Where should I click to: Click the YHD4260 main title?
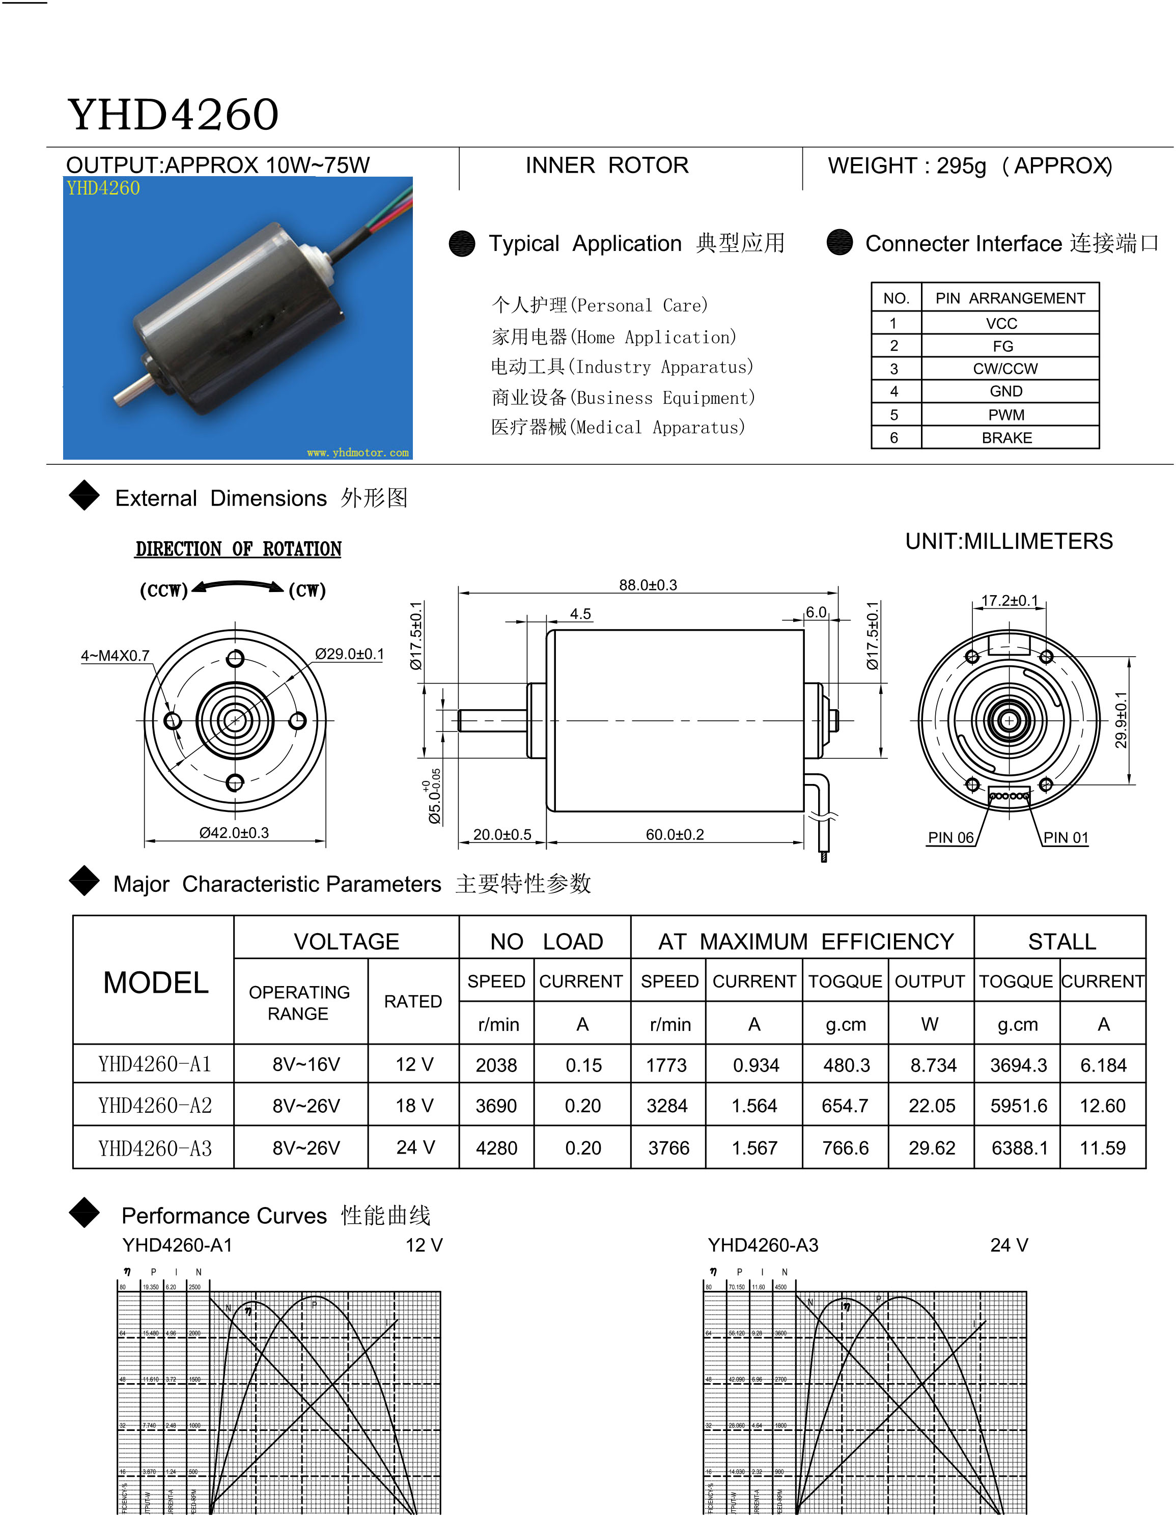point(173,115)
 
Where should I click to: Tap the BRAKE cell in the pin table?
point(1006,438)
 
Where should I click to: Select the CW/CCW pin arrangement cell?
point(1005,369)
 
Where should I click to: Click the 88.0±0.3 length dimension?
point(648,585)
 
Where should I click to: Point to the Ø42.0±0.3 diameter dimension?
point(234,833)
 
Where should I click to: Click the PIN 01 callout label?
point(1066,838)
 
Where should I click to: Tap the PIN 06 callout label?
point(950,838)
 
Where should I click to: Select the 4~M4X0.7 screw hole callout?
point(115,656)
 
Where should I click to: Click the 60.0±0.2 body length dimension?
point(675,834)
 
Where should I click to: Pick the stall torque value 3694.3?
point(1018,1065)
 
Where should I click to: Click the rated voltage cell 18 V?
point(414,1106)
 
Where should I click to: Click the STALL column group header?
point(1061,942)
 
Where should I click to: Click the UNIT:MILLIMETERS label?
point(1009,541)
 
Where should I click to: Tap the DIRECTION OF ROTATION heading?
point(238,549)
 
